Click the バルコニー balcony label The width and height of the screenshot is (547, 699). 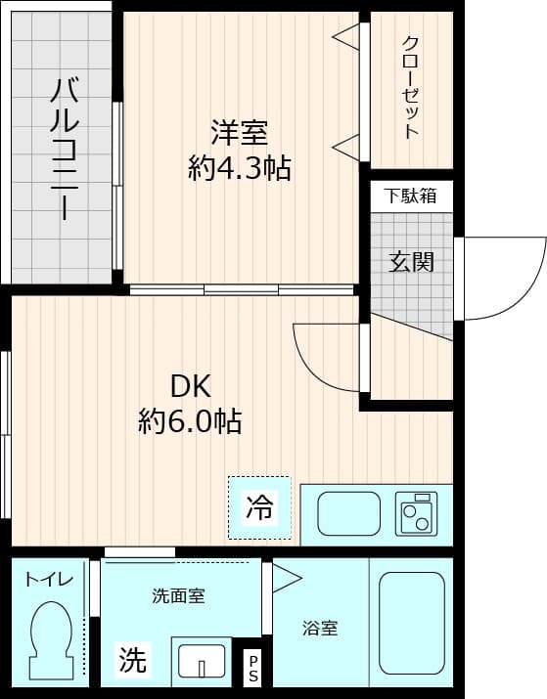tap(65, 149)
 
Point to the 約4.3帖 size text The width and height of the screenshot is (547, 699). tap(240, 168)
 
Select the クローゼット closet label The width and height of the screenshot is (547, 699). tap(411, 88)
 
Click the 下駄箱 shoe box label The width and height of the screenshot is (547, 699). tap(410, 196)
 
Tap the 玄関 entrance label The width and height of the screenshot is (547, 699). tap(411, 261)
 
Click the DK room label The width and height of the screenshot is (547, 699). tap(192, 384)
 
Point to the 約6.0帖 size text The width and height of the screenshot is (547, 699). tap(191, 421)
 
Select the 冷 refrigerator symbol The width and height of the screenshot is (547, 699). tap(260, 507)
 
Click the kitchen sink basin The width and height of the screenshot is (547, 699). tap(349, 513)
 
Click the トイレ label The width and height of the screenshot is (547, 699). tap(49, 580)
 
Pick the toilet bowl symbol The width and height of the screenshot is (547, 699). tap(50, 635)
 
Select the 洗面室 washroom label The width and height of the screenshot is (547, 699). tap(178, 595)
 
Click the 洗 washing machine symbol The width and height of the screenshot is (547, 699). tap(132, 661)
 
